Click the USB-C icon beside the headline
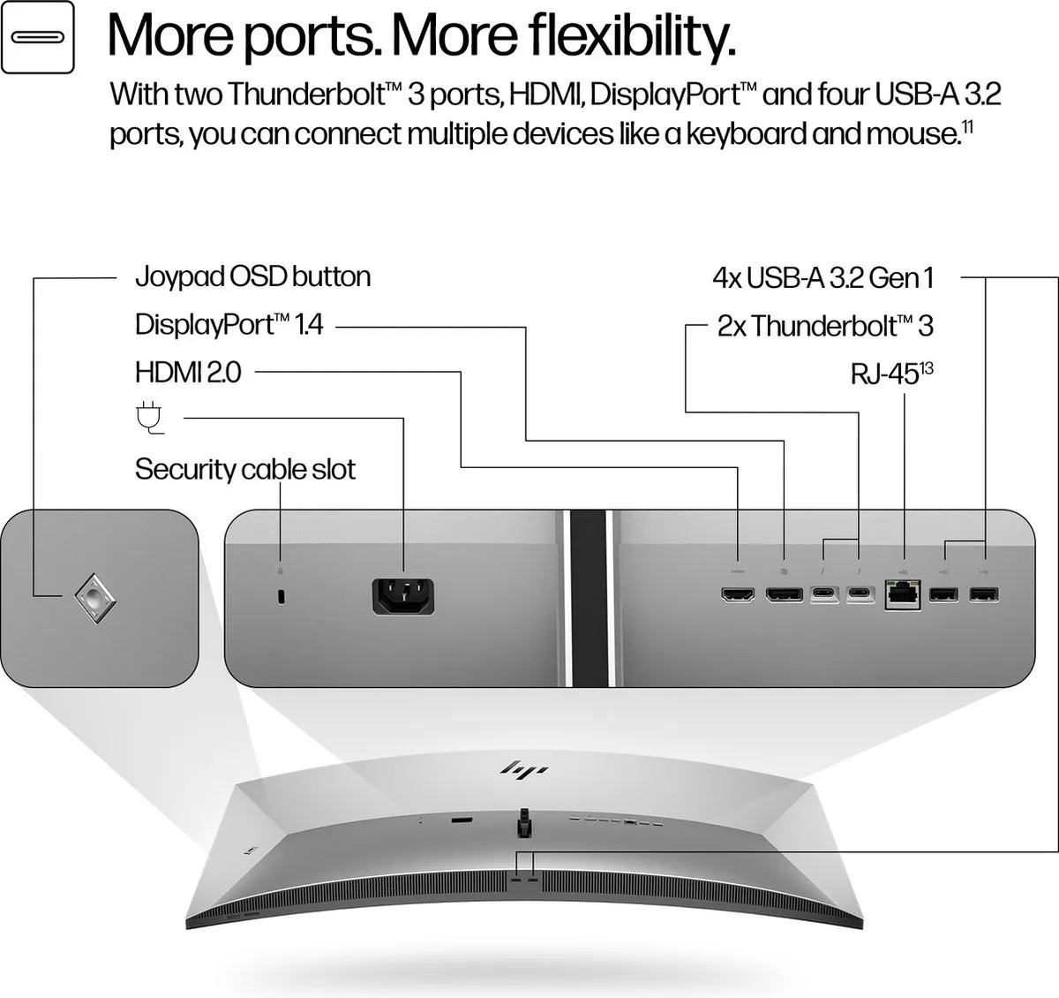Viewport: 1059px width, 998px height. pos(37,37)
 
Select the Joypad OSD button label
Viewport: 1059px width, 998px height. pos(252,277)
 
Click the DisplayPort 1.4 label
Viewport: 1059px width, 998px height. pos(229,324)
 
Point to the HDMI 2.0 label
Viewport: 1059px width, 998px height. pos(188,372)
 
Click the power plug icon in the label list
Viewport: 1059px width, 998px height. pos(149,418)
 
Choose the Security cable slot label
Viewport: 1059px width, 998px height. pos(244,469)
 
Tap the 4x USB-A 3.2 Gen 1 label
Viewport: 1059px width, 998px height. pos(822,278)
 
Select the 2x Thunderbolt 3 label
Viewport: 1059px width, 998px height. pos(825,326)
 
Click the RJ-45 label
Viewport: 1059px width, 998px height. pos(891,373)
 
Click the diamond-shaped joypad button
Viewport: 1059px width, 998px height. pos(95,598)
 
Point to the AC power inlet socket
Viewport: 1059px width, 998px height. pos(403,596)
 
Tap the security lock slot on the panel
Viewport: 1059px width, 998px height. pos(282,597)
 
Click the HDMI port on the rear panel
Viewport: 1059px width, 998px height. pos(738,594)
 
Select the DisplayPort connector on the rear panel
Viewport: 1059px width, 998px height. pos(784,594)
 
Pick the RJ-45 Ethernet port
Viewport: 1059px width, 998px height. pos(903,595)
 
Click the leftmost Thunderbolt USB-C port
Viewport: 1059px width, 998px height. pos(824,594)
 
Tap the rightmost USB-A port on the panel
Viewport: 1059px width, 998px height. pos(984,594)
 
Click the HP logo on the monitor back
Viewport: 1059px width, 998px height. pos(524,769)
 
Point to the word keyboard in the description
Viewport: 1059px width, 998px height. pos(746,133)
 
